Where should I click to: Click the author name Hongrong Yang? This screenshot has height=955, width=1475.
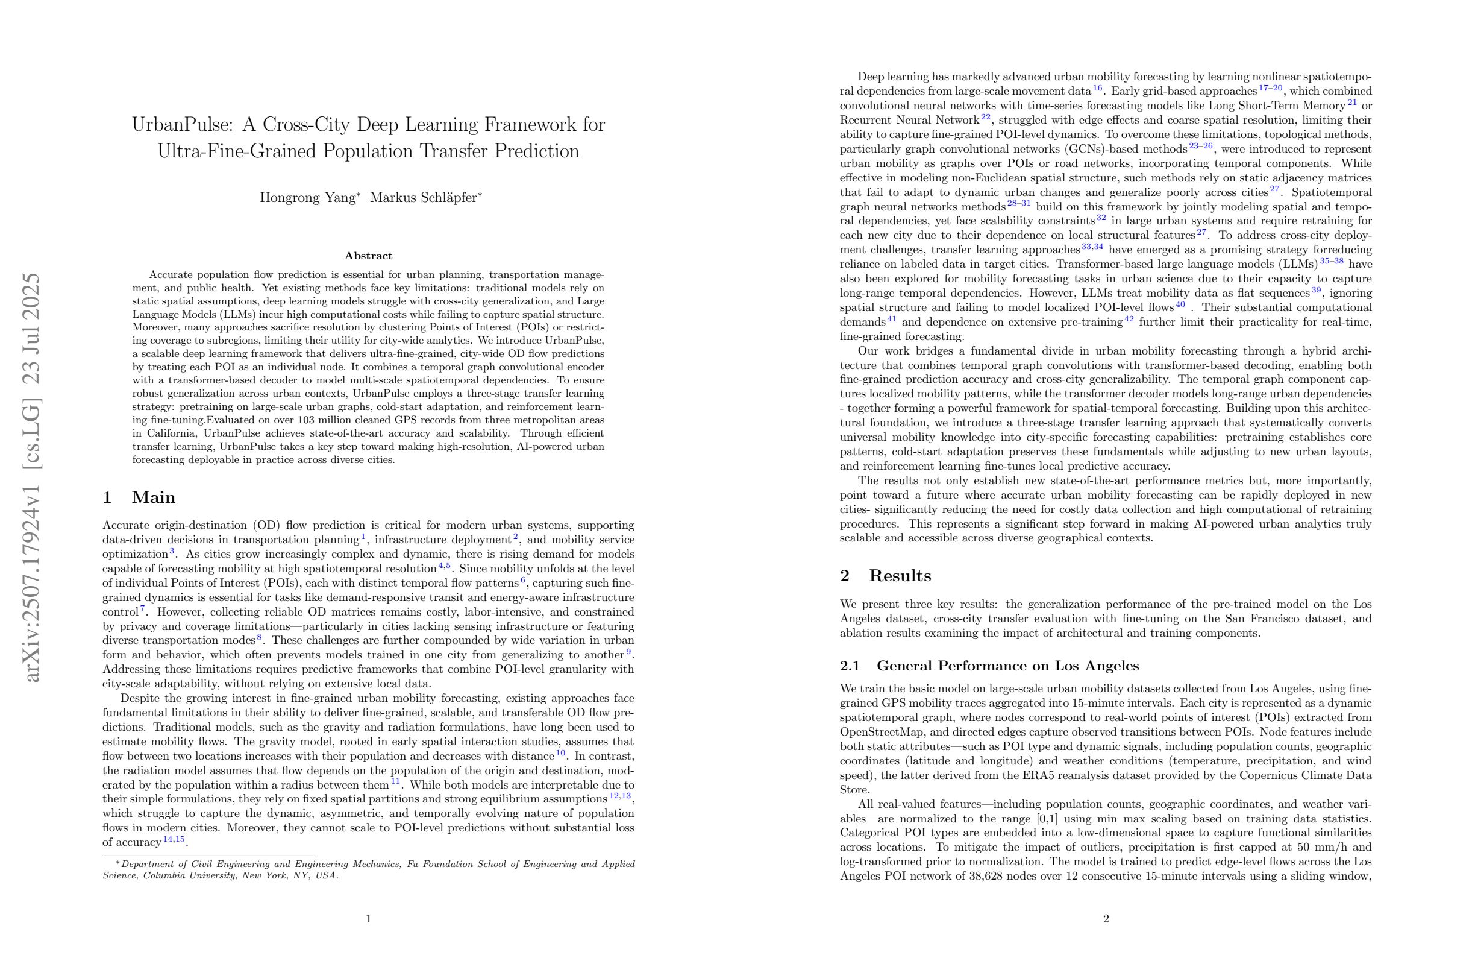point(307,198)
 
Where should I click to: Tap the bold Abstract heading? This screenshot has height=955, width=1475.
point(369,256)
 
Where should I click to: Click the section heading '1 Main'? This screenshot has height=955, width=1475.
point(139,497)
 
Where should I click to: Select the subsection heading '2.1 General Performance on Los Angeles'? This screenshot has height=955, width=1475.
point(989,666)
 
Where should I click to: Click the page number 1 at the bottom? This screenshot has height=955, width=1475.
point(369,919)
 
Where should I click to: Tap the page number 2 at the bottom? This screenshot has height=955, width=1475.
point(1106,919)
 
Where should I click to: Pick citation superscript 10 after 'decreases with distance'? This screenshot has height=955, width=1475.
point(560,754)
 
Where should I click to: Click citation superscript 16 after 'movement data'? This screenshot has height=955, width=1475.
point(1097,88)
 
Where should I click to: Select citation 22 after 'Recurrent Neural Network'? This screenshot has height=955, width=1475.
point(985,117)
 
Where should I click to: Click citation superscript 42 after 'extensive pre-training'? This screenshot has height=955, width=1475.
point(1129,319)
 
